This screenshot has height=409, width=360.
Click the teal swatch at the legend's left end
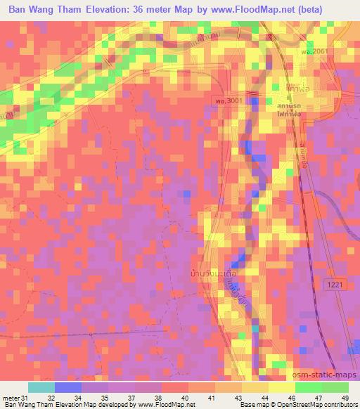click(41, 387)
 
